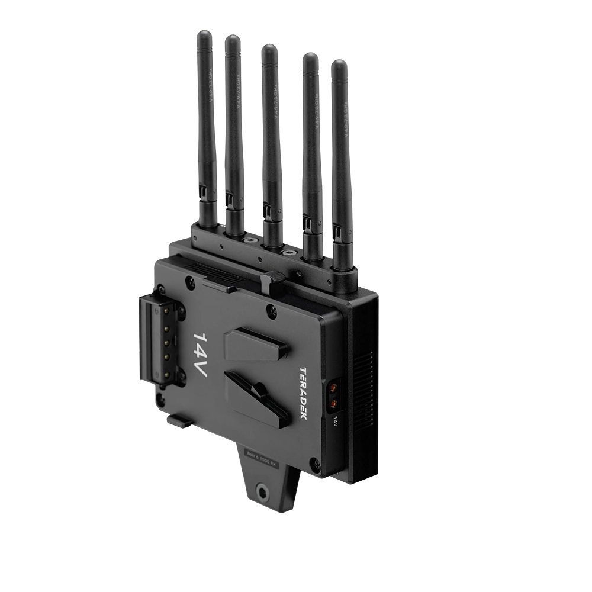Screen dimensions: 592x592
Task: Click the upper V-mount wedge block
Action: [x=256, y=345]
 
